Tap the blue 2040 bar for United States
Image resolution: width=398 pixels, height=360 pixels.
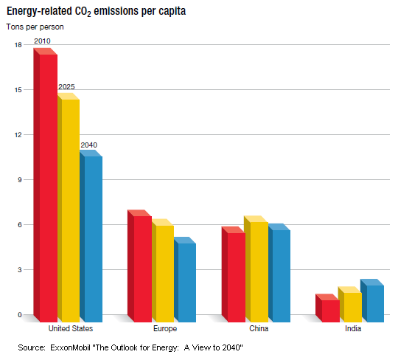coord(92,236)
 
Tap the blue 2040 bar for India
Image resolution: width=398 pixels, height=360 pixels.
coord(374,302)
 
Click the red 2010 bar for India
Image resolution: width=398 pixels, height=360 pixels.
coord(329,310)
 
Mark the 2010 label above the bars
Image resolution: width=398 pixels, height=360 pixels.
coord(42,41)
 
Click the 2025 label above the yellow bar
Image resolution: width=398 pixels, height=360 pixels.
coord(66,87)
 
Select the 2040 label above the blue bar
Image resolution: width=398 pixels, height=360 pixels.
coord(88,145)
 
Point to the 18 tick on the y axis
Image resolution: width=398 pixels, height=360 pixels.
coord(18,45)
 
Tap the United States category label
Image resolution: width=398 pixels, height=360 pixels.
coord(69,328)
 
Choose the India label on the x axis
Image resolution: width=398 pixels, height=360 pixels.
coord(353,328)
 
